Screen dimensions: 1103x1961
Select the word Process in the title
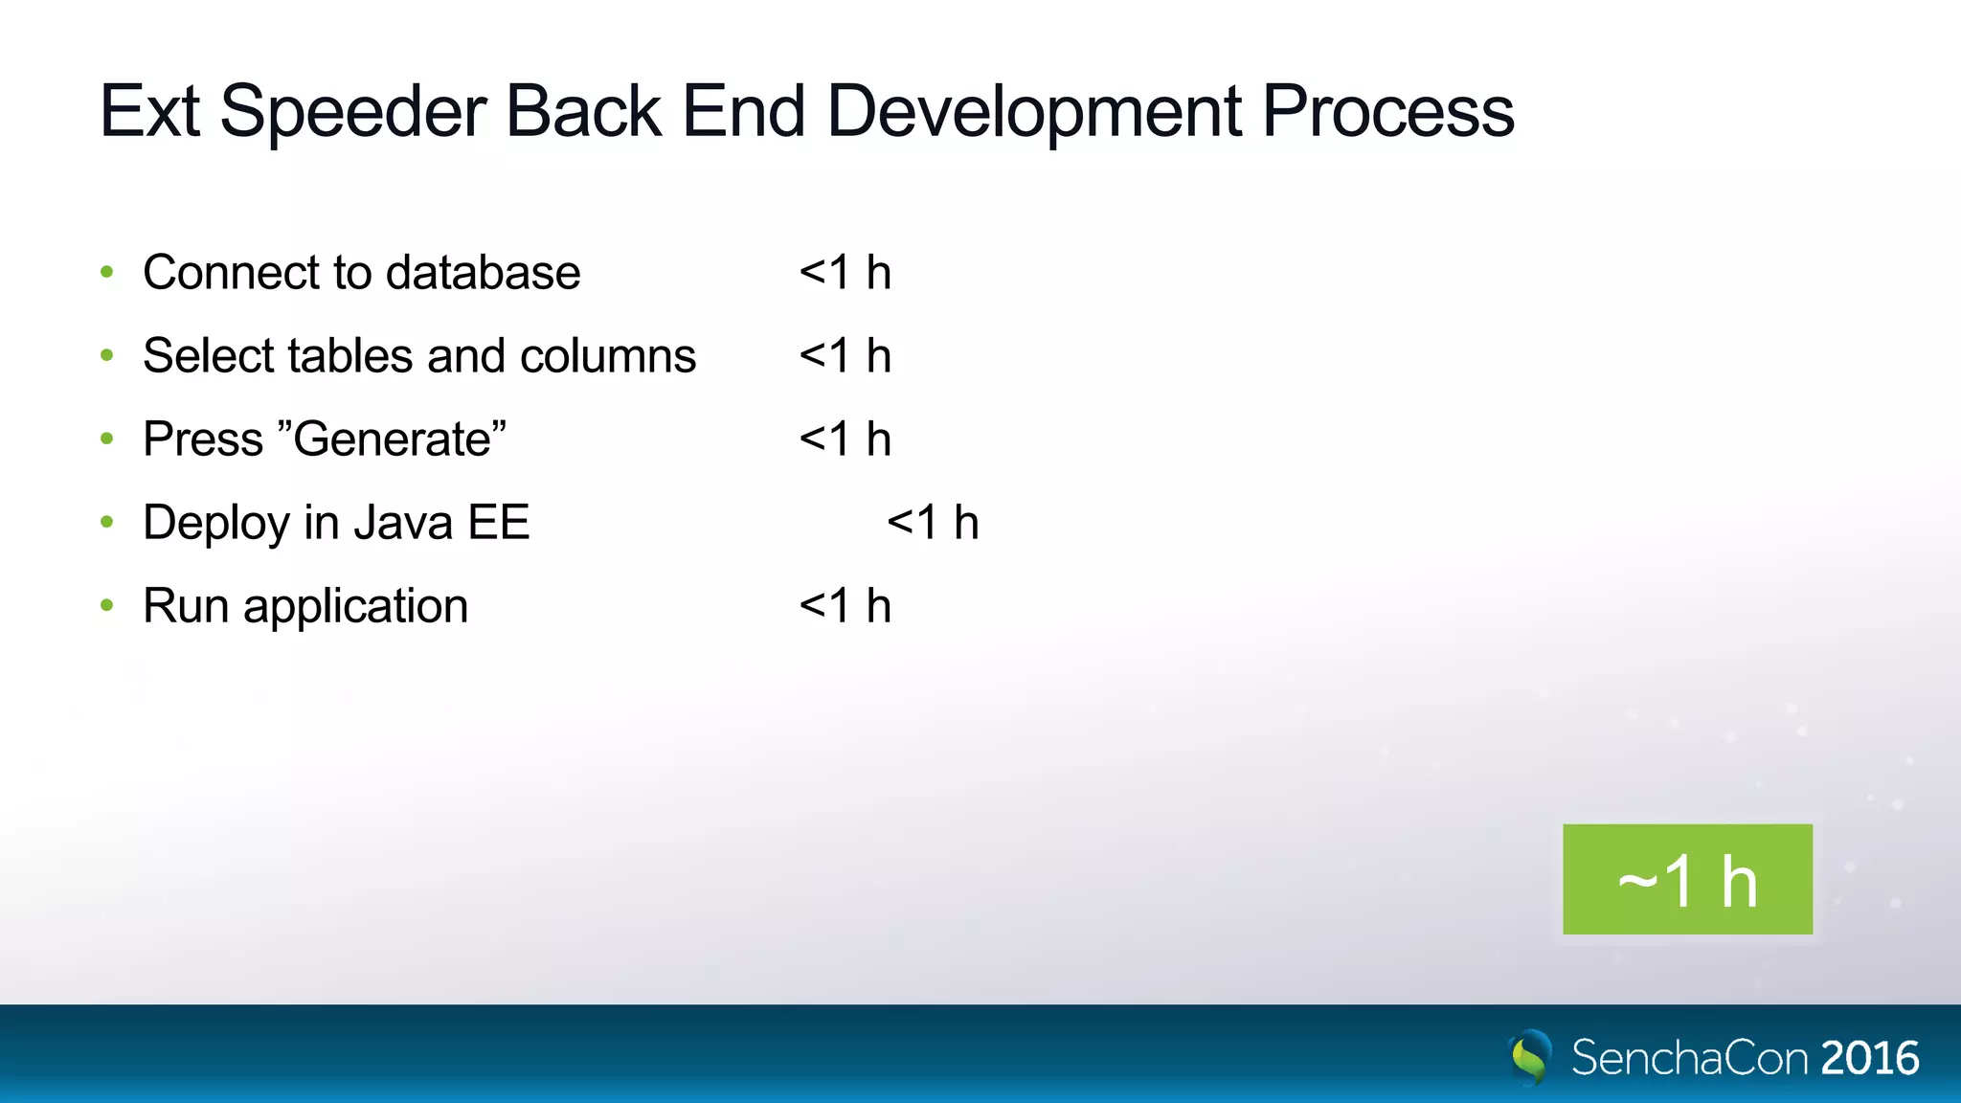tap(1387, 111)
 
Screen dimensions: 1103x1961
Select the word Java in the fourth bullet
tap(402, 523)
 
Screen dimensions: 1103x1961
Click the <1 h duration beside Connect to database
tap(845, 273)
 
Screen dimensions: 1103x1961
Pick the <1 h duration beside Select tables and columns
tap(845, 356)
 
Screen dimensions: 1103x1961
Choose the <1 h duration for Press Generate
tap(845, 439)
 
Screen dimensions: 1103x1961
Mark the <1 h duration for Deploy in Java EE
tap(933, 523)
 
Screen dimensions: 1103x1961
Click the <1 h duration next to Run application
tap(845, 606)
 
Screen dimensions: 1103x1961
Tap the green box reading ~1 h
tap(1687, 879)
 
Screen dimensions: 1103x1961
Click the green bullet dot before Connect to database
tap(107, 273)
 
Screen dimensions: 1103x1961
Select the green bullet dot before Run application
tap(107, 606)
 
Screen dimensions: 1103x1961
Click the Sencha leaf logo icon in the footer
tap(1530, 1057)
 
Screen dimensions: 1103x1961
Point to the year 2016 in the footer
tap(1870, 1058)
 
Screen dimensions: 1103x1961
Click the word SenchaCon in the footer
tap(1690, 1058)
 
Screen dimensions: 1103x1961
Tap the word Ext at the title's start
tap(149, 112)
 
